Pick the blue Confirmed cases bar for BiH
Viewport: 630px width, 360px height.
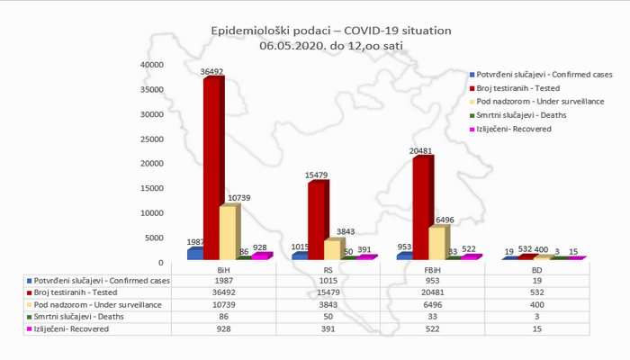195,253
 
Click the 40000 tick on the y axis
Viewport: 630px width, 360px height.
149,65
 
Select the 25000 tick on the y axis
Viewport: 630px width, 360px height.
149,139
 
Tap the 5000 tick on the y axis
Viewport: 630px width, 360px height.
153,238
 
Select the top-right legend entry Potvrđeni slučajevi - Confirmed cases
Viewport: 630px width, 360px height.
548,73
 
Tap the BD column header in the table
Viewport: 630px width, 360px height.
536,269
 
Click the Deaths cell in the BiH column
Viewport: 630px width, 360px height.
223,318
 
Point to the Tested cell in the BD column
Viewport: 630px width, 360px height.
536,292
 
